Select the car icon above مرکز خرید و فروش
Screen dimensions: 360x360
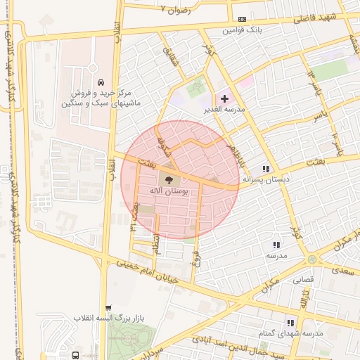coord(103,81)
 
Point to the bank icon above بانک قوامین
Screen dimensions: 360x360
coord(243,19)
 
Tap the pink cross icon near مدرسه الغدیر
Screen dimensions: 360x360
coord(224,99)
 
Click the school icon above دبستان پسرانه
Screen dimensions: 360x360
coord(266,169)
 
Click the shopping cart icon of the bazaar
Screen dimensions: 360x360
coord(108,308)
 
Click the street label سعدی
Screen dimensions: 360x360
coord(344,270)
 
